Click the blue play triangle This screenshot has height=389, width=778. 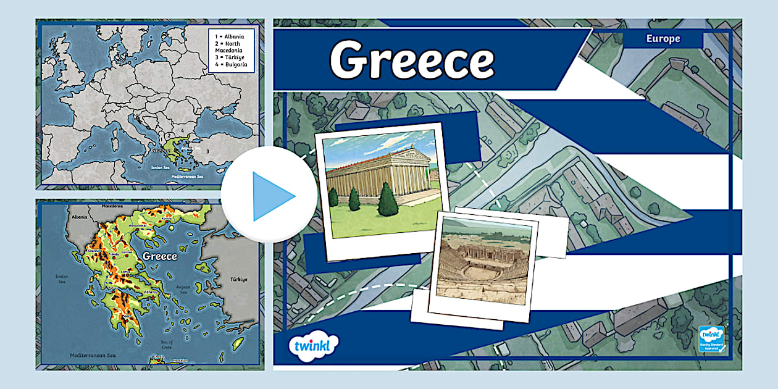coord(272,196)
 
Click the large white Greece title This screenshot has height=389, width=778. coord(412,60)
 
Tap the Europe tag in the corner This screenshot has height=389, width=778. coord(663,39)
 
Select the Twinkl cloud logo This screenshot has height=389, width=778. coord(313,345)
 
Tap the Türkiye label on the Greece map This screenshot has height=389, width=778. coord(238,280)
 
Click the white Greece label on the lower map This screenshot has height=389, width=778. coord(159,256)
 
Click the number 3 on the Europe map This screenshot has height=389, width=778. coord(207,151)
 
